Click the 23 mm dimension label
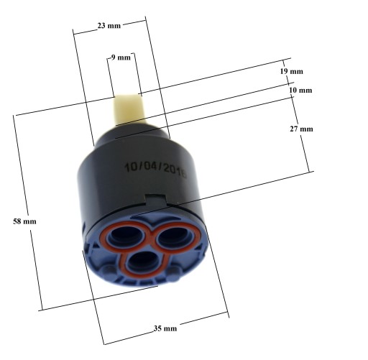pos(109,25)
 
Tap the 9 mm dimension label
pos(121,57)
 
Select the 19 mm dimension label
pos(292,71)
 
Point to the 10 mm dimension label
pos(300,91)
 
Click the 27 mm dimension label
pos(301,129)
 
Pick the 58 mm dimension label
pos(24,221)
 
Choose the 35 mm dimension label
pos(165,328)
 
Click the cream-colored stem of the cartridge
pos(129,109)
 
